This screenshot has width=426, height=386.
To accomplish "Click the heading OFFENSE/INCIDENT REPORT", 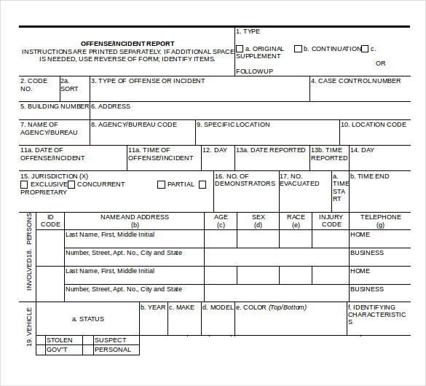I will pos(127,44).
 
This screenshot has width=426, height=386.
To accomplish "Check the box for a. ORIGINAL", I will pos(240,49).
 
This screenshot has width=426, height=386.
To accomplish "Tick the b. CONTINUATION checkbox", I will pos(298,49).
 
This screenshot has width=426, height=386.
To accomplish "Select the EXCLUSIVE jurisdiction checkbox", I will pos(24,184).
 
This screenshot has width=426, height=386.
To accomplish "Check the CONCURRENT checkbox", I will pos(71,184).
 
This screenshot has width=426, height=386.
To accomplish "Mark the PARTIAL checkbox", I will pos(161,184).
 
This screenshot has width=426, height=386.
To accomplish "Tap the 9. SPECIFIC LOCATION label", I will pos(233,125).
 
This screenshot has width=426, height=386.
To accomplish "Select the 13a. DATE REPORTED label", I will pos(270,150).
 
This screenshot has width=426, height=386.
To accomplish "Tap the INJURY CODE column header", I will pos(331,221).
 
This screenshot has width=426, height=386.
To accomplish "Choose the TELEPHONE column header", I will pos(380,217).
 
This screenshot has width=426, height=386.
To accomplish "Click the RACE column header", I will pos(296,217).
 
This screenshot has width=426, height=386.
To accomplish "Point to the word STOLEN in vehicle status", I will pos(60,340).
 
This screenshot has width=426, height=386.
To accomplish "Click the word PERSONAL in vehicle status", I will pos(113,350).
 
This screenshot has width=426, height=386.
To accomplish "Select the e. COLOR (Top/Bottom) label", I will pos(271,307).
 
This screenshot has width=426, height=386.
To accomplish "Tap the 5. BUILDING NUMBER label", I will pos(55,106).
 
